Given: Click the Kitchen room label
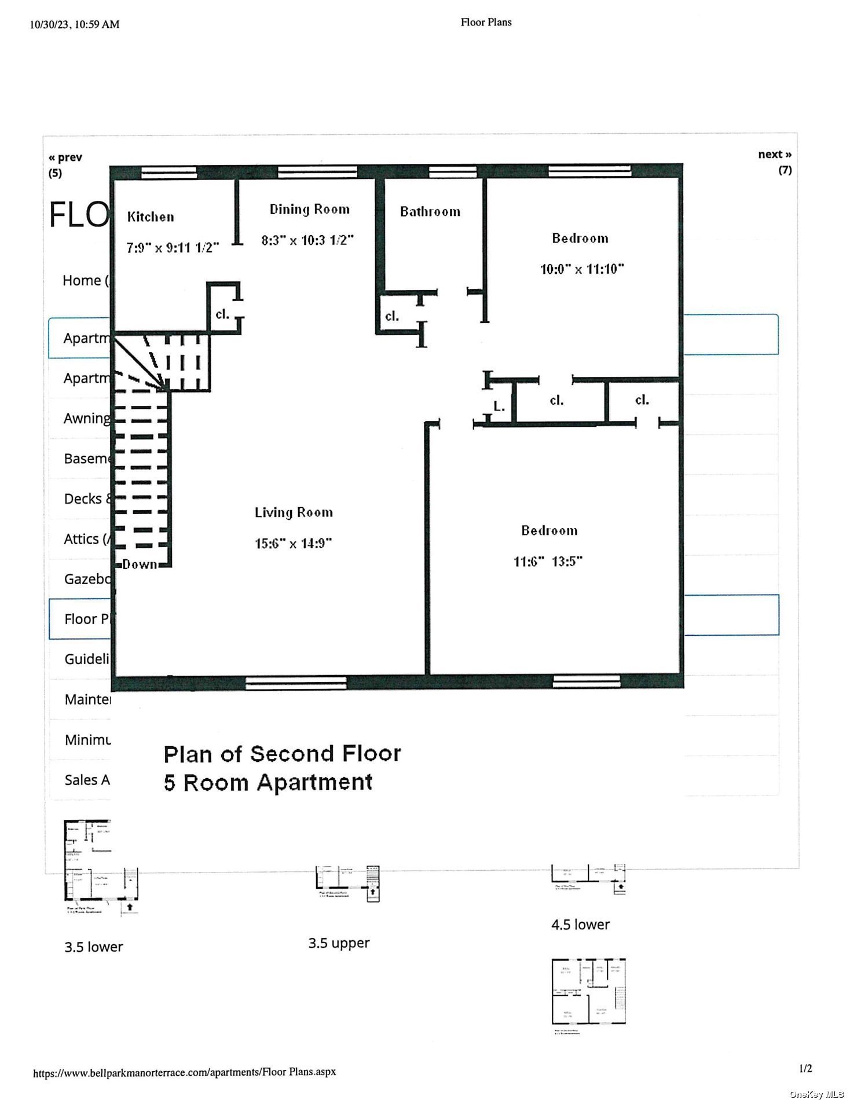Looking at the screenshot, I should [151, 217].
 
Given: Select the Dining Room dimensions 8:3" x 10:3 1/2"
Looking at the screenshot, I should [307, 240].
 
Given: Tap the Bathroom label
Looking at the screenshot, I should [430, 212].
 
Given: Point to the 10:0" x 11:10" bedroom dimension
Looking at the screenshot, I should [582, 269].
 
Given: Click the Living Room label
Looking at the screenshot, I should [294, 512].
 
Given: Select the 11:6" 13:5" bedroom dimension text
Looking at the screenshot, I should [548, 562].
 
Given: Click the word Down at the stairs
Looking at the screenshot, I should [140, 564].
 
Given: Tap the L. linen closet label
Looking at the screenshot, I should [499, 406].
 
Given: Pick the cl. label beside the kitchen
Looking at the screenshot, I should [222, 315].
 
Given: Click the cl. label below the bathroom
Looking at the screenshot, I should [392, 317].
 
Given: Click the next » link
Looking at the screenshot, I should [774, 155].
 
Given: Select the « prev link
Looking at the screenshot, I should [65, 157].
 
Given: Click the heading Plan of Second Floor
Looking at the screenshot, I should [282, 754].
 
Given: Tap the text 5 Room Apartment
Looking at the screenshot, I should [268, 782].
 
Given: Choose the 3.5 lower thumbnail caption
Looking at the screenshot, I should [94, 947].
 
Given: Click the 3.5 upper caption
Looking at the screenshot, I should [339, 943].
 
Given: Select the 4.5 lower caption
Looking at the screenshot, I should [580, 925].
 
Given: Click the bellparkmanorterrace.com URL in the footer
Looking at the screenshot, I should [184, 1072].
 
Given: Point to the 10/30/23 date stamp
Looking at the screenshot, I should [51, 24].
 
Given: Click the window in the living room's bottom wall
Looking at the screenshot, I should [296, 683].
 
